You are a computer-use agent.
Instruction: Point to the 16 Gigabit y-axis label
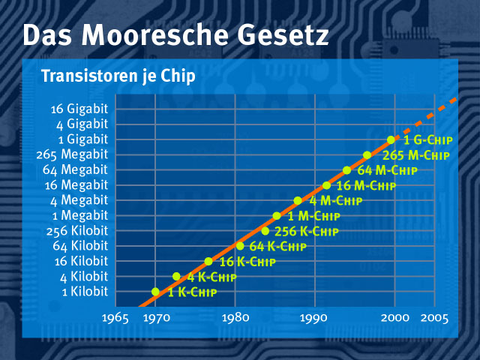click(x=80, y=108)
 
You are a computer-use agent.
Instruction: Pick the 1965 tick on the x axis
click(x=115, y=318)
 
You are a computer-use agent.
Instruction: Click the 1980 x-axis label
click(x=235, y=318)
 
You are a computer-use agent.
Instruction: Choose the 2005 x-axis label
click(x=434, y=318)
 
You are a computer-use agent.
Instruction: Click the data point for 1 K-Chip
click(x=155, y=291)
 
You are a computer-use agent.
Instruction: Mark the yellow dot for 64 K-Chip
click(x=240, y=246)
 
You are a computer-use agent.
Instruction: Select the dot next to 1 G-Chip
click(x=391, y=139)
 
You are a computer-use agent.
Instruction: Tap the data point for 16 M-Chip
click(x=326, y=185)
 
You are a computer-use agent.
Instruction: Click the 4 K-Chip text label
click(x=212, y=277)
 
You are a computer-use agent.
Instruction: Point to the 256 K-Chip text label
click(x=306, y=232)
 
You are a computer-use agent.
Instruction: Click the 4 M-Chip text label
click(x=335, y=201)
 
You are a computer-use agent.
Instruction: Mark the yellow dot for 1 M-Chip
click(x=277, y=216)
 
